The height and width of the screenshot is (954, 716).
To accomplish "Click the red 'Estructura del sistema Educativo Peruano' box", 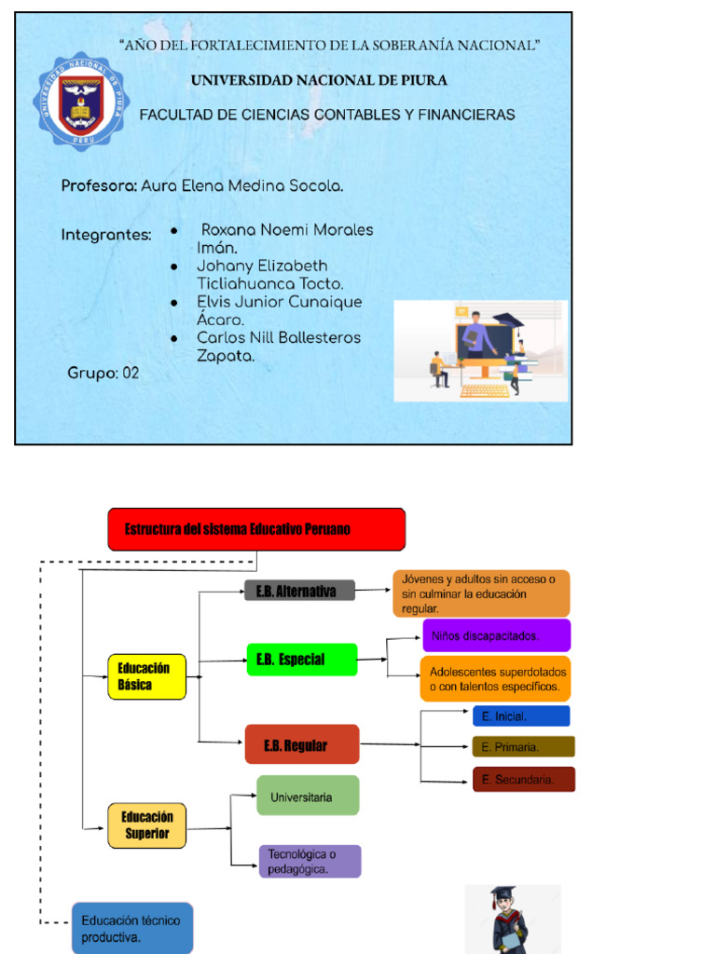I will pyautogui.click(x=256, y=529).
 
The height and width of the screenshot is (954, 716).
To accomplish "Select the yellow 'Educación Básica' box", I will pyautogui.click(x=146, y=677).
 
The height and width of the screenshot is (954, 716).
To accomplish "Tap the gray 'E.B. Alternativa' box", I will pyautogui.click(x=299, y=591).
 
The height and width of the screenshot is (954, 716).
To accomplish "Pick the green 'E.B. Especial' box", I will pyautogui.click(x=301, y=660).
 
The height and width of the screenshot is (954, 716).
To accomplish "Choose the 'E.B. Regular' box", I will pyautogui.click(x=301, y=744).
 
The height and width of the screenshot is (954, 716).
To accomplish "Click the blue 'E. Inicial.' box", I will pyautogui.click(x=520, y=716).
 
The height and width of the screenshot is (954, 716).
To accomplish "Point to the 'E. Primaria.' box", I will pyautogui.click(x=523, y=746).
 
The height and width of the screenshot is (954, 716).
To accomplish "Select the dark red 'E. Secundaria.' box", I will pyautogui.click(x=523, y=780).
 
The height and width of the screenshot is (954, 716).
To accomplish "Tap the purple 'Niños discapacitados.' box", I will pyautogui.click(x=496, y=635).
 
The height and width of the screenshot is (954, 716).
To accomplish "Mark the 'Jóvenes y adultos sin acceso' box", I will pyautogui.click(x=480, y=593).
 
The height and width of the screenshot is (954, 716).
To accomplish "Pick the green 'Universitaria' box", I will pyautogui.click(x=308, y=797).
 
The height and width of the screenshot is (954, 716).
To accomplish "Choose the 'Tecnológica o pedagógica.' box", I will pyautogui.click(x=310, y=861).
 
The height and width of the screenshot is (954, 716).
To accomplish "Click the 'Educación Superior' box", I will pyautogui.click(x=147, y=825).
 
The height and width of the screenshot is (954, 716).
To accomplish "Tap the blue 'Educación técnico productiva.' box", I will pyautogui.click(x=131, y=928).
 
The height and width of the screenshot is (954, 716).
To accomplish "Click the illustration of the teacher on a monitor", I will pyautogui.click(x=480, y=350).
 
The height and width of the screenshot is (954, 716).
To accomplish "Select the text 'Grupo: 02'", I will pyautogui.click(x=103, y=374).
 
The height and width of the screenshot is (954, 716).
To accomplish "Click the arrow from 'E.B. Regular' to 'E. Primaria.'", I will pyautogui.click(x=416, y=744).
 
